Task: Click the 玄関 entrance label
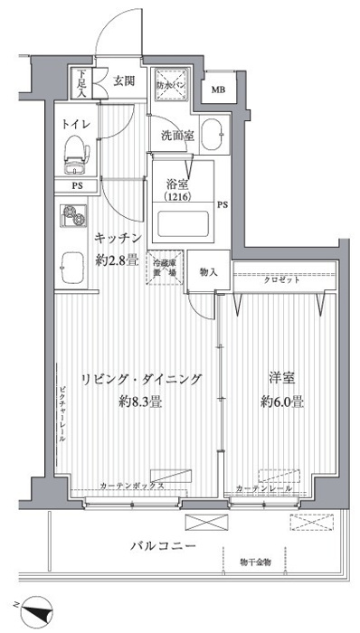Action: pyautogui.click(x=124, y=80)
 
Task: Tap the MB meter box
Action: pyautogui.click(x=220, y=90)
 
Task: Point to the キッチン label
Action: pyautogui.click(x=118, y=239)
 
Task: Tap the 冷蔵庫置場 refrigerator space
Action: pyautogui.click(x=164, y=264)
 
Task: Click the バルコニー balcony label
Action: pyautogui.click(x=162, y=546)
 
